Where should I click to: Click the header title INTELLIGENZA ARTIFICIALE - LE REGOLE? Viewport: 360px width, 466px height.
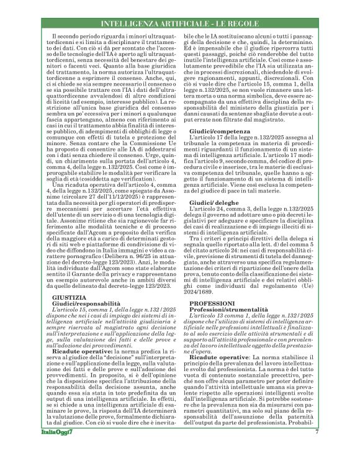tap(179, 24)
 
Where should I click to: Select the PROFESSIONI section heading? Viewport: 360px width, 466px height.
tap(210, 302)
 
